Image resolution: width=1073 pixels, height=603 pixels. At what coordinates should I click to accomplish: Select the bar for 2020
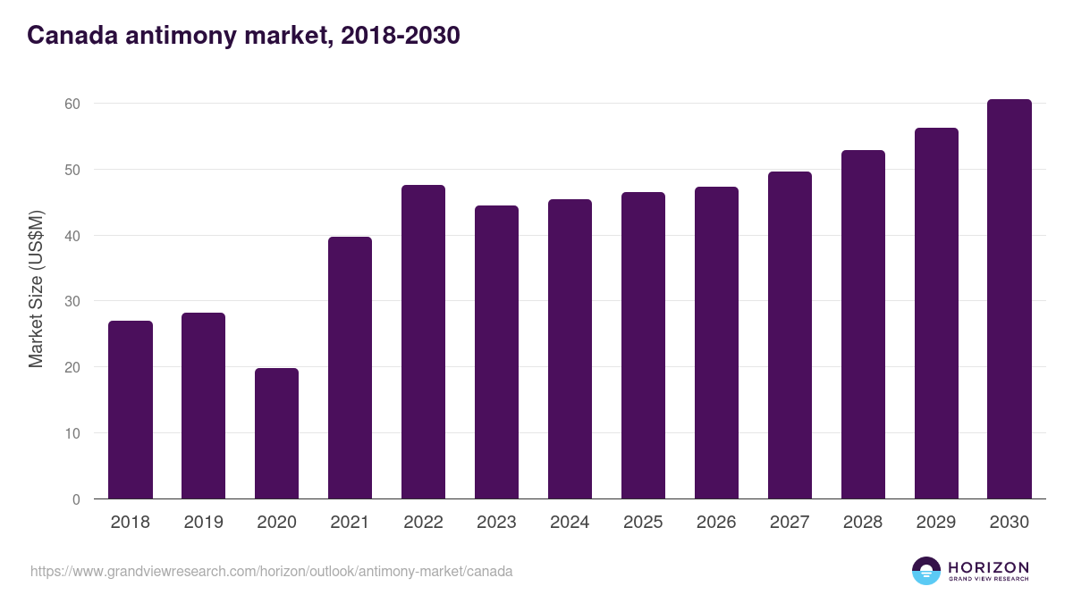(x=276, y=433)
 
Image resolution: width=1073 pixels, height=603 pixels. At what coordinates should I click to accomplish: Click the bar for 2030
(x=1010, y=299)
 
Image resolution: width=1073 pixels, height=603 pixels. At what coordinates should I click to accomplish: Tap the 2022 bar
(x=423, y=342)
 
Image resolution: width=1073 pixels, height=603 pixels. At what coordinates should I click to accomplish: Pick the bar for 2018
(x=131, y=410)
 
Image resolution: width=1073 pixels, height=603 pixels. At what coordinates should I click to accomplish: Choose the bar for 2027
(x=790, y=336)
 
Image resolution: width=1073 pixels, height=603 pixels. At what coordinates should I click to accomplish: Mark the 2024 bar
(x=570, y=349)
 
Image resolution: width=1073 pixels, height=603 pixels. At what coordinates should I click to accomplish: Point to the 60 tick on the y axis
(x=72, y=104)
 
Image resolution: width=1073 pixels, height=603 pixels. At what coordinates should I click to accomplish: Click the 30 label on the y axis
(x=72, y=302)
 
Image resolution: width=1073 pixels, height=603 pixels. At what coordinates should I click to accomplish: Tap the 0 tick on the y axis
(x=76, y=499)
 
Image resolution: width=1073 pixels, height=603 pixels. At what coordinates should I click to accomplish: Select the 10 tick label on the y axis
(x=72, y=433)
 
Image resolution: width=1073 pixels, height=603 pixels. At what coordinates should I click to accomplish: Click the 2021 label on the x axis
(x=350, y=522)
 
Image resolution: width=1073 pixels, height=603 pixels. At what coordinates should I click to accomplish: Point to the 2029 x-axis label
(x=936, y=522)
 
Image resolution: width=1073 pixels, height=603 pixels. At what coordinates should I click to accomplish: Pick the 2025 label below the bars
(x=643, y=522)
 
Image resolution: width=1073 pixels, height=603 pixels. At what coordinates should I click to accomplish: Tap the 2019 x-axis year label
(x=204, y=522)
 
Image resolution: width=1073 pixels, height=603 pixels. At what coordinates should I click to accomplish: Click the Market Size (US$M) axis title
(x=36, y=289)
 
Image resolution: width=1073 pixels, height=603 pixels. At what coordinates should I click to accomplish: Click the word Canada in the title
(x=72, y=36)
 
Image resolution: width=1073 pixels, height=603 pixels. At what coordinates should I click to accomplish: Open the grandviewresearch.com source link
(x=271, y=572)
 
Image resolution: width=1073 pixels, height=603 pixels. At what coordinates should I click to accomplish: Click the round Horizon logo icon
(x=926, y=571)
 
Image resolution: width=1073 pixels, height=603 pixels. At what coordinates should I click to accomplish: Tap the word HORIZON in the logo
(x=988, y=567)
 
